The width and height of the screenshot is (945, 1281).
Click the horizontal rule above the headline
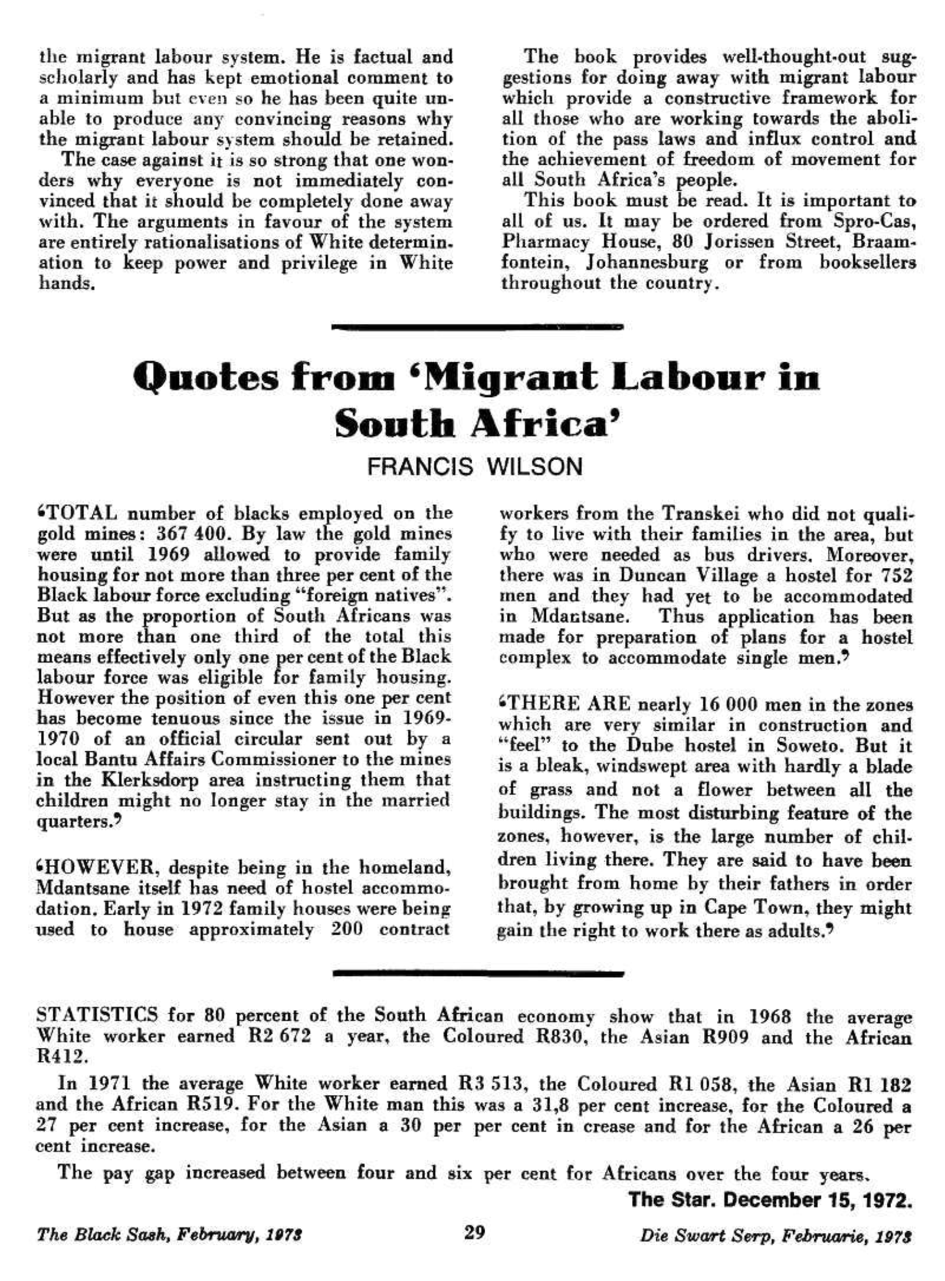(477, 328)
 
